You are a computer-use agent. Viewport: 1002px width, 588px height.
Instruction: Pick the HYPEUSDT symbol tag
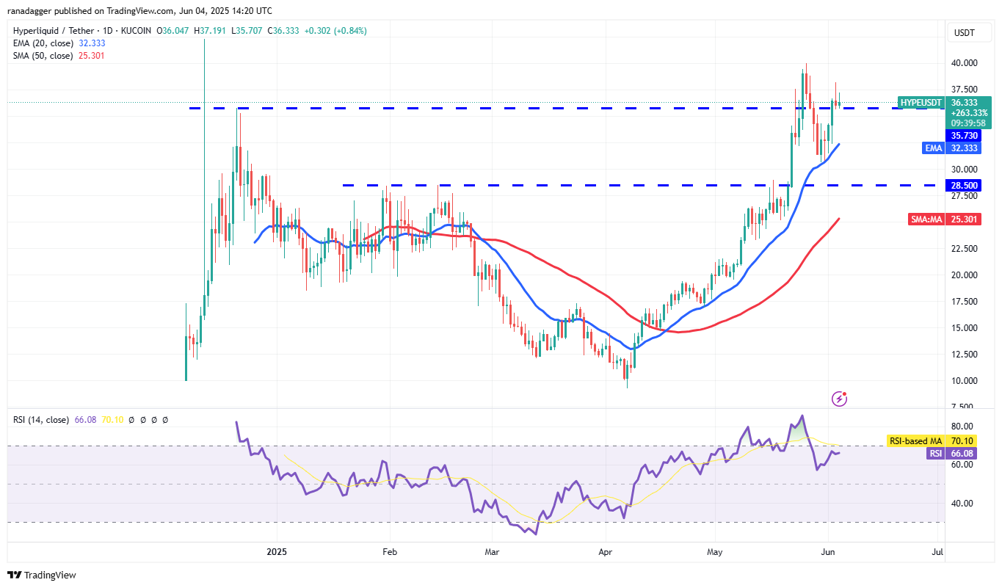coord(920,103)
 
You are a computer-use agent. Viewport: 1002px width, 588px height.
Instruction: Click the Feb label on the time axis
coord(390,551)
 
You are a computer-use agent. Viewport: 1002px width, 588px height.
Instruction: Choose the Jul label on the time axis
coord(937,551)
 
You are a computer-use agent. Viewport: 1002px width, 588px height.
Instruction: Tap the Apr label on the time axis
coord(606,551)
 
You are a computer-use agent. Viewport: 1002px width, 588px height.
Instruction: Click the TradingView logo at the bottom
coord(42,575)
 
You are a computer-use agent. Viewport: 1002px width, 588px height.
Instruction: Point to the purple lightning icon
coord(840,399)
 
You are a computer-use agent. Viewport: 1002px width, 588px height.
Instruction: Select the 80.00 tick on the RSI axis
coord(963,427)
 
